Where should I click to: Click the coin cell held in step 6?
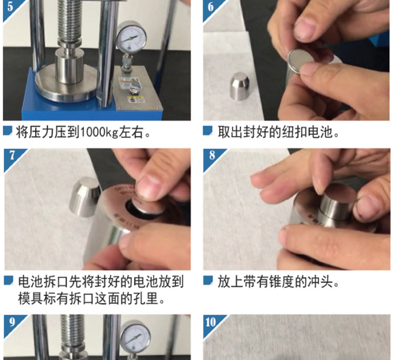point(300,61)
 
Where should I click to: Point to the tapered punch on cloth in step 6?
point(240,86)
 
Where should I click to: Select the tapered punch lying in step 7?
point(85,197)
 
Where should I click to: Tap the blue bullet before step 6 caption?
point(208,131)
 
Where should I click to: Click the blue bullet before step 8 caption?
point(208,280)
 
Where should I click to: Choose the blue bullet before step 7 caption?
point(8,280)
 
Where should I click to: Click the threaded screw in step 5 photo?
point(69,19)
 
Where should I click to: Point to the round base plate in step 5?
point(66,86)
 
